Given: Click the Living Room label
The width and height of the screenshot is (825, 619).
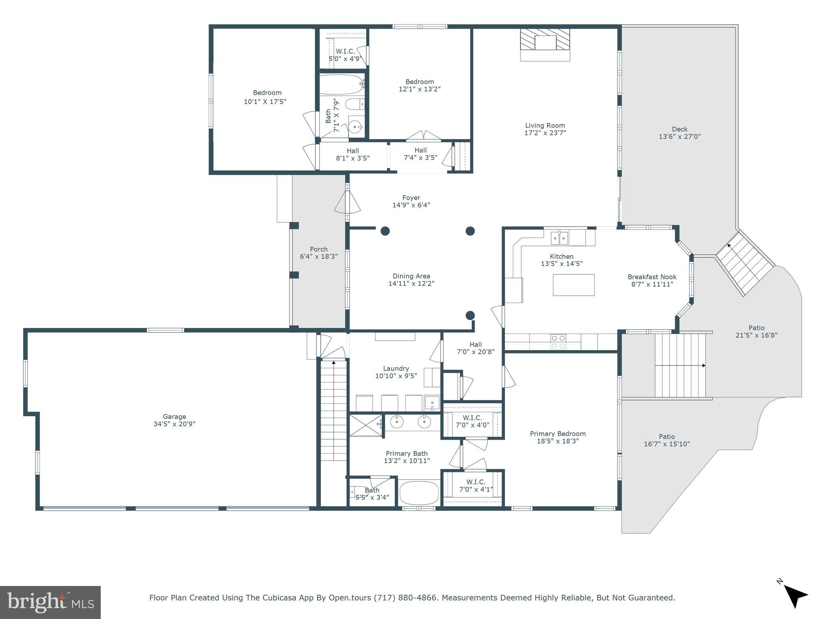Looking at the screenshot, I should [x=545, y=125].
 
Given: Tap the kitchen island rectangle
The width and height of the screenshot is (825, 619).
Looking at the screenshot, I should [x=573, y=285].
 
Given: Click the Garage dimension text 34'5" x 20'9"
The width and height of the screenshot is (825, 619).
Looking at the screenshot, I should [x=174, y=424].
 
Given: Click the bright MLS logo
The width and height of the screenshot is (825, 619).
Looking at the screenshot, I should [x=50, y=602].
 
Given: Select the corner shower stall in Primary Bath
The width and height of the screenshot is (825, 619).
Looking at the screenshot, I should [x=365, y=425].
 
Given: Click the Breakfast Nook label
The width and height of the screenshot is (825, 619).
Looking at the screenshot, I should [x=652, y=277].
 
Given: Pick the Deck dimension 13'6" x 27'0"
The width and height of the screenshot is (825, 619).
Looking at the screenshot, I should [x=680, y=137].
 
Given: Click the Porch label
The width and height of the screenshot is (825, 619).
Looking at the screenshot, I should [x=319, y=249].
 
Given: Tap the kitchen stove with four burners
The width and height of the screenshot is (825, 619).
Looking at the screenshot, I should [x=558, y=342].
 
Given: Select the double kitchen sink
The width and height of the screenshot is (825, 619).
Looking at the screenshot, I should [x=560, y=237].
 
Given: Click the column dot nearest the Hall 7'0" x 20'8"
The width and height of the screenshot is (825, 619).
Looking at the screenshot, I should [x=470, y=315].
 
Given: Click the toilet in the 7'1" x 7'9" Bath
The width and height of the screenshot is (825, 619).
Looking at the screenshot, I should [x=354, y=104].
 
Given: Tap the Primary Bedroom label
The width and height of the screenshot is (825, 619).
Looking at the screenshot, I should [x=558, y=434].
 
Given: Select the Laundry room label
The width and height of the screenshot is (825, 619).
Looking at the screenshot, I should [x=396, y=368].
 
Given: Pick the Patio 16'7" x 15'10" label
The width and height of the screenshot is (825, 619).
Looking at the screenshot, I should [x=667, y=436].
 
